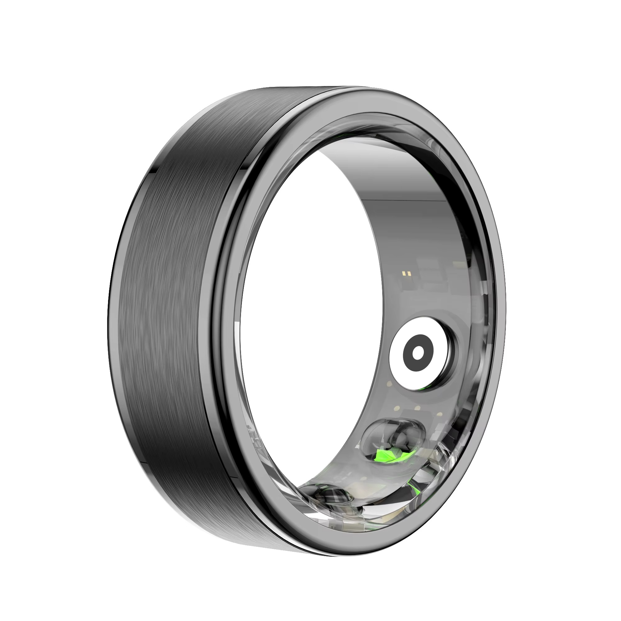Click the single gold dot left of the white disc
tap(389, 384)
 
